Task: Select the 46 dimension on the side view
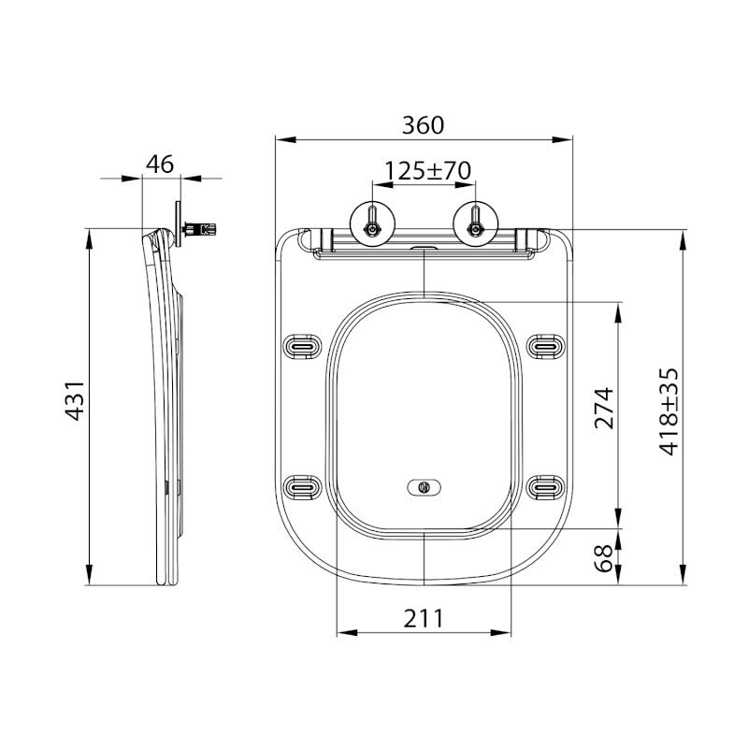[x=160, y=164]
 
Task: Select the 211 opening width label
[x=423, y=617]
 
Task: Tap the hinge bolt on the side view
[x=201, y=228]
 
